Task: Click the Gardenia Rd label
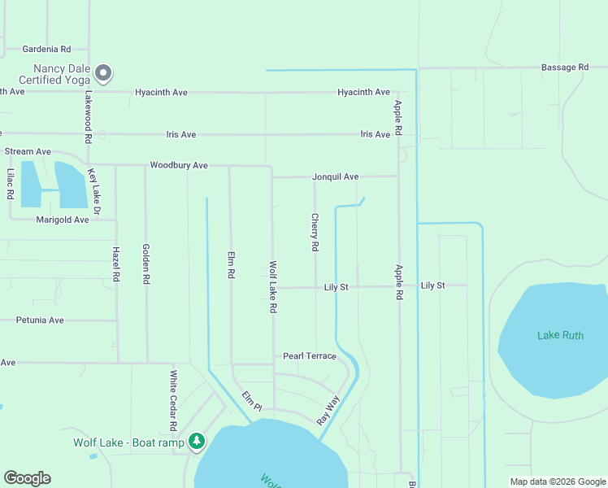[x=46, y=49]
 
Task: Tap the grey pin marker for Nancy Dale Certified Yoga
[x=103, y=74]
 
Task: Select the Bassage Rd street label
[x=565, y=68]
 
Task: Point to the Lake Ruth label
[x=560, y=335]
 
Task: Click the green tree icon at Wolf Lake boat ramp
[x=197, y=442]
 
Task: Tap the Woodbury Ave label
[x=179, y=165]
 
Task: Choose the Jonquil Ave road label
[x=335, y=176]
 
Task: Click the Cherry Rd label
[x=315, y=232]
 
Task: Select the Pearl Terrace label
[x=309, y=356]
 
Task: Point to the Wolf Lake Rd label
[x=274, y=287]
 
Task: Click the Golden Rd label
[x=146, y=264]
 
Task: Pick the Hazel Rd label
[x=116, y=264]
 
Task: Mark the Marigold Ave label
[x=63, y=220]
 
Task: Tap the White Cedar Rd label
[x=173, y=401]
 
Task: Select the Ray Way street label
[x=328, y=410]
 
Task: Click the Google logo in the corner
[x=27, y=478]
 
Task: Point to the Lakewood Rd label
[x=88, y=113]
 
